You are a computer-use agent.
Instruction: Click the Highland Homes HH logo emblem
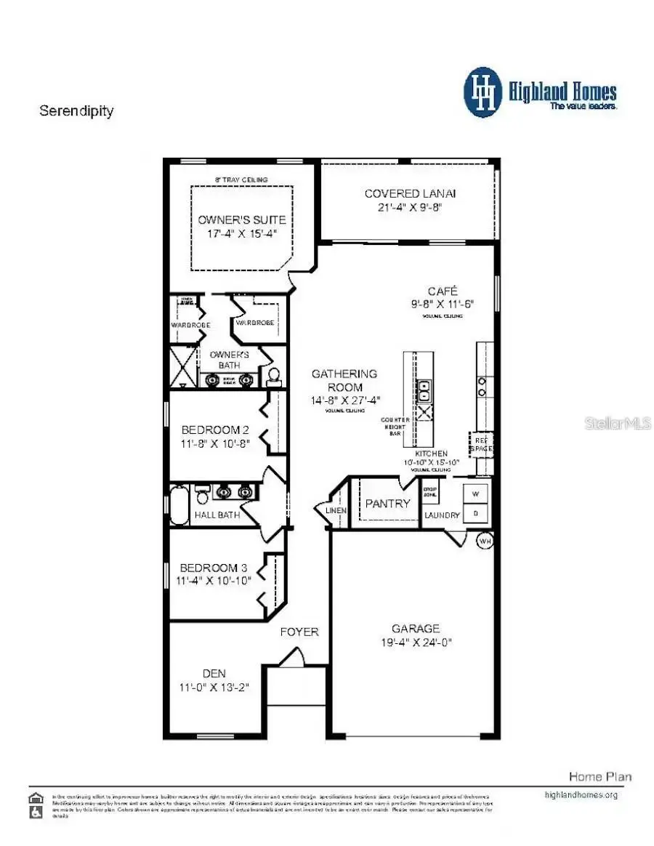483,92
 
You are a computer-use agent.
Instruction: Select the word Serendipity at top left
76,111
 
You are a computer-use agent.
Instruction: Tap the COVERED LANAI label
410,193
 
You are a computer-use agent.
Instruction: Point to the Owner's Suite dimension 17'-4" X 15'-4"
242,233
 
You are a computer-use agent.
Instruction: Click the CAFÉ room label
442,291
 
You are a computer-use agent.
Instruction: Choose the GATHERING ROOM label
344,379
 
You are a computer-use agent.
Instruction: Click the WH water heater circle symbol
485,541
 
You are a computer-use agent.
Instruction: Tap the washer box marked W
477,495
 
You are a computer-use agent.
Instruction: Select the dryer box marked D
477,513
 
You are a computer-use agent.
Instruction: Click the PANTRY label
387,503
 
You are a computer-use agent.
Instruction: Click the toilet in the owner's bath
274,376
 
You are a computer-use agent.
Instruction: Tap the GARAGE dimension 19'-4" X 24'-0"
416,642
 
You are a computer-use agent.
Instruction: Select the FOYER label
299,632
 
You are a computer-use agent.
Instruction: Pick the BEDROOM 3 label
209,567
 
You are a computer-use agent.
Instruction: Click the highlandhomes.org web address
581,794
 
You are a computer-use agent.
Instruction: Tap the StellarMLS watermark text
618,423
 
